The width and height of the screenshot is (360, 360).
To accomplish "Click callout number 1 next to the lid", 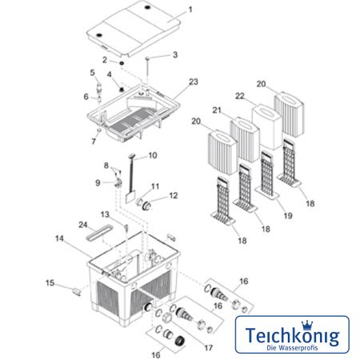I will coord(190,10).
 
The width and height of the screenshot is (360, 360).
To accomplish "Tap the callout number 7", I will coord(93,141).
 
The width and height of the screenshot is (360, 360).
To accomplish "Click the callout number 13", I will coord(105,214).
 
